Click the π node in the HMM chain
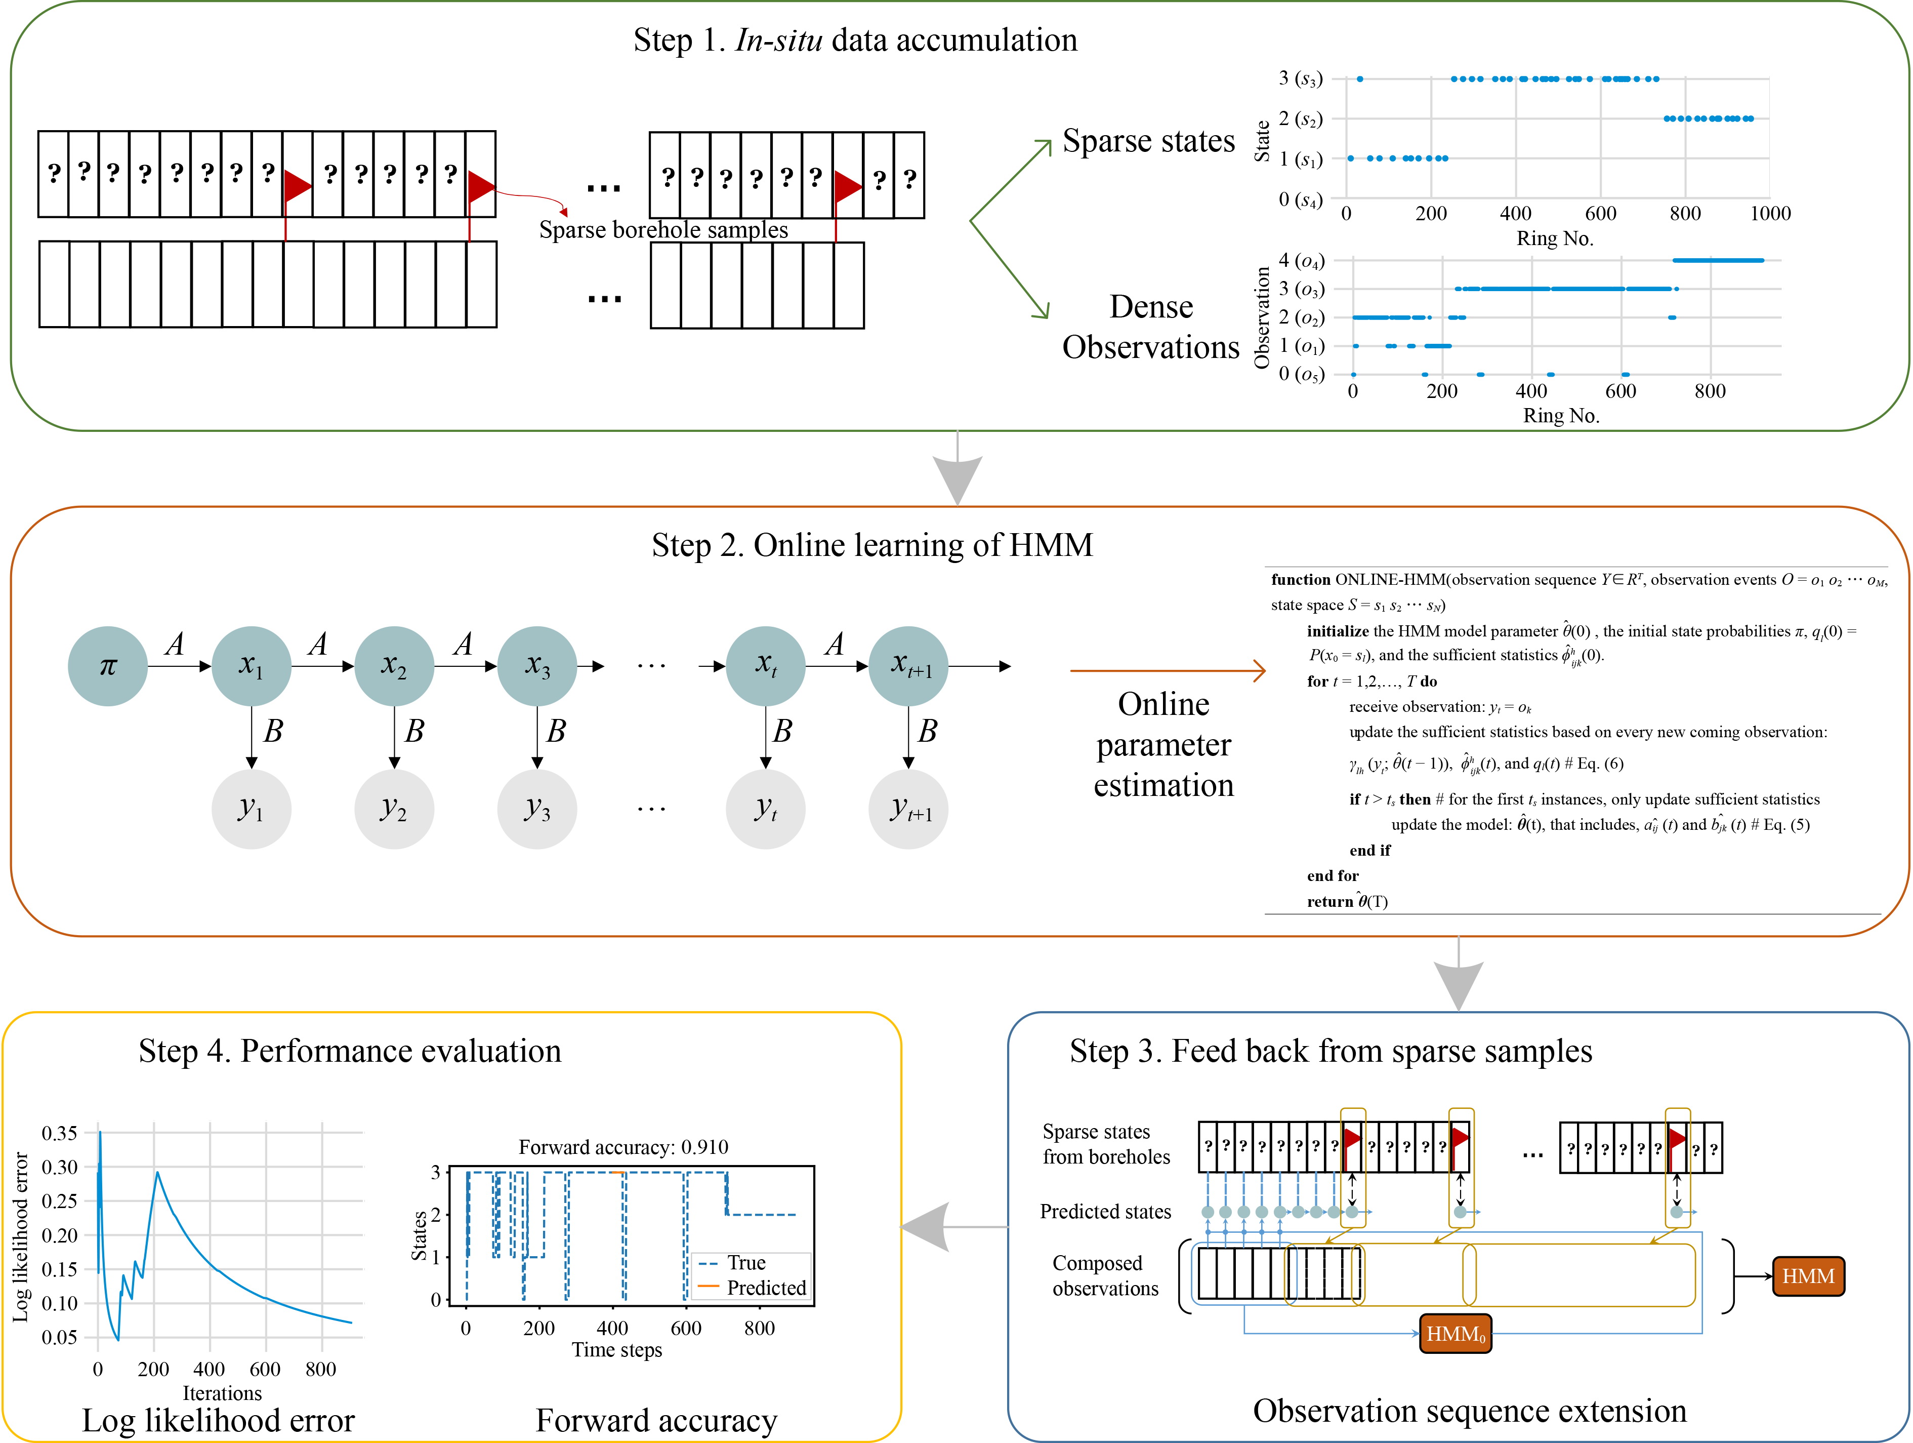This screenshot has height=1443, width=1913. coord(107,666)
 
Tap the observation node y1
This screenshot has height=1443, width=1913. coord(251,809)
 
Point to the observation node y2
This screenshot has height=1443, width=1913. coord(394,809)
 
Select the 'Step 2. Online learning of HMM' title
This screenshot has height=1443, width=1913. coord(872,545)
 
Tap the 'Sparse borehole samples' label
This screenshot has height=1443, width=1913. coord(663,230)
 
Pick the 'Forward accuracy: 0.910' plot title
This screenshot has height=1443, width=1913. coord(622,1147)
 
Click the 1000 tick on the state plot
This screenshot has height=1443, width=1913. coord(1769,214)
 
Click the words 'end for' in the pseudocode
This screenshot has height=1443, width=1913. coord(1333,875)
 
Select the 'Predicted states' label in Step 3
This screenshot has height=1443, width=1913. coord(1105,1211)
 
